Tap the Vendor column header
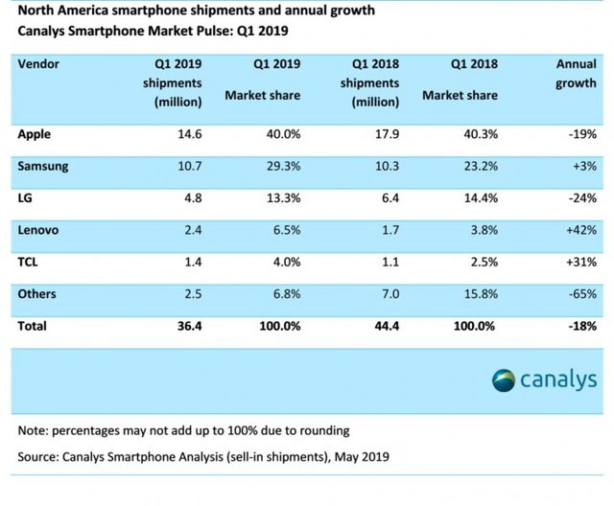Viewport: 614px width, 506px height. pos(39,65)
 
